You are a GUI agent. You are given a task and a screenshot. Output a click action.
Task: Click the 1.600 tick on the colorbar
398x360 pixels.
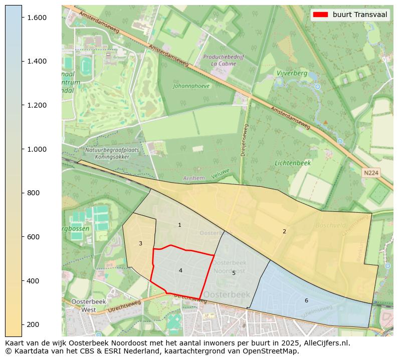pyautogui.click(x=22, y=18)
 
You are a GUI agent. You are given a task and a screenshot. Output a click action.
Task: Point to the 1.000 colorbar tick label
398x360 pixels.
pyautogui.click(x=37, y=149)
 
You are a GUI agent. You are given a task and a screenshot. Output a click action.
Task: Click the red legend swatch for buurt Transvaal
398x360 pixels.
pyautogui.click(x=320, y=15)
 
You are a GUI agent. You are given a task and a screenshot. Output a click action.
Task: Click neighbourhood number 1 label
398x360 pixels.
pyautogui.click(x=179, y=225)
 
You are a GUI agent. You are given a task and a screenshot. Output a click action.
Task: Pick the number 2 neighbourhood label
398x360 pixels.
pyautogui.click(x=284, y=231)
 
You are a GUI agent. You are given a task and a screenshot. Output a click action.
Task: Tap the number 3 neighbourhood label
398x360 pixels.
pyautogui.click(x=140, y=244)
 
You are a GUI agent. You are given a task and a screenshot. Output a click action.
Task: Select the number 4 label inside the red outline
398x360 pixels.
pyautogui.click(x=180, y=271)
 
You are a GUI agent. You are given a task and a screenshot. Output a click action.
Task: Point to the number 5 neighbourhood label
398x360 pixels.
pyautogui.click(x=234, y=273)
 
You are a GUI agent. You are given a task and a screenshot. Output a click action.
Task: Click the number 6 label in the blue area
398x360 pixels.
pyautogui.click(x=306, y=300)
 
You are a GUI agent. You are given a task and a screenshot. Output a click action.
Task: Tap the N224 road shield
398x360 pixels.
pyautogui.click(x=371, y=173)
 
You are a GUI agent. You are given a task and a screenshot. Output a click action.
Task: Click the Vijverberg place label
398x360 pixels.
pyautogui.click(x=292, y=73)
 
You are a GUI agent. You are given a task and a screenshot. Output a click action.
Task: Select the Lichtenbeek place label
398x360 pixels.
pyautogui.click(x=293, y=163)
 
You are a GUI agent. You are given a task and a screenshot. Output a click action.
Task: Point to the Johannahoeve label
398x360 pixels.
pyautogui.click(x=191, y=86)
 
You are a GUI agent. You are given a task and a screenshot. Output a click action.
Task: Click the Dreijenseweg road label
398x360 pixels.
pyautogui.click(x=245, y=140)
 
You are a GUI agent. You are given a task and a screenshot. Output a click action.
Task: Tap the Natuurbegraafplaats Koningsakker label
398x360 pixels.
pyautogui.click(x=107, y=153)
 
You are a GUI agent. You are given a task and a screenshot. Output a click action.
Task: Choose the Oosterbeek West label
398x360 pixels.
pyautogui.click(x=84, y=306)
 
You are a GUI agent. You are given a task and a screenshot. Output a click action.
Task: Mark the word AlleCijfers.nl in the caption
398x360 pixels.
pyautogui.click(x=325, y=343)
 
